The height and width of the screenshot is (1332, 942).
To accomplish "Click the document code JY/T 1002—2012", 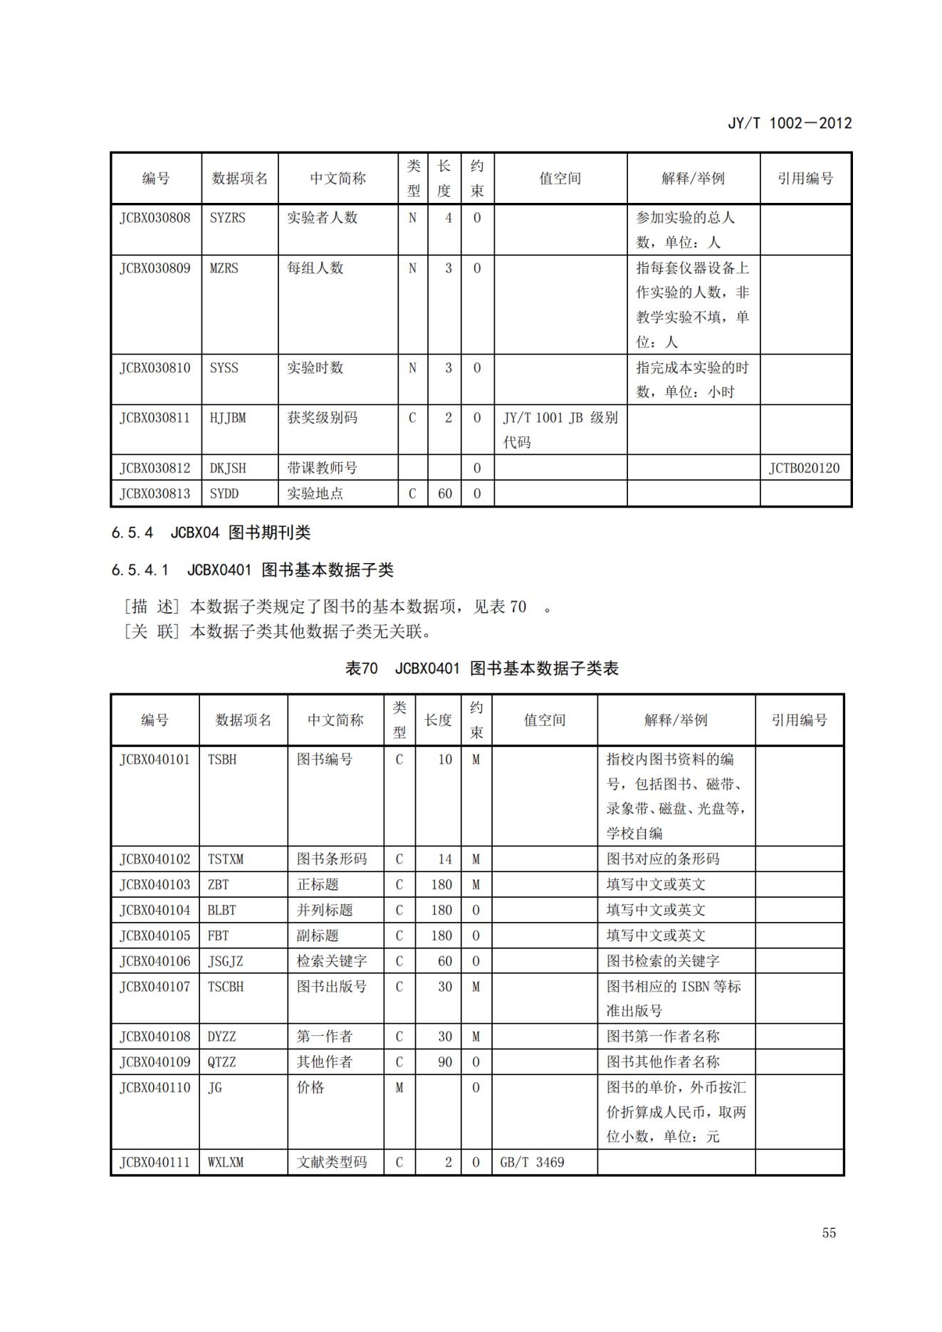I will (789, 122).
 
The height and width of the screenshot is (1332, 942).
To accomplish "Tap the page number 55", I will (829, 1232).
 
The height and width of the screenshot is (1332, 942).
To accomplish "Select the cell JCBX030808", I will (155, 218).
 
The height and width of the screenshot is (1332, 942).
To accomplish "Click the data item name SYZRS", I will (227, 218).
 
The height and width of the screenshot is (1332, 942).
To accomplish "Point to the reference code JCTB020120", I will (804, 468).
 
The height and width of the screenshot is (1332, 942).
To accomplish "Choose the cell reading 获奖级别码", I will (322, 418).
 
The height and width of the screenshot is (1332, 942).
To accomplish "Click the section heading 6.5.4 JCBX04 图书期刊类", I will (211, 533).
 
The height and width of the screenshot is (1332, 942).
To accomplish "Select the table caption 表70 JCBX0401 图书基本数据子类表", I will (481, 668).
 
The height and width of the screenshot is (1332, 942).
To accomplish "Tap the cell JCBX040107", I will (155, 987).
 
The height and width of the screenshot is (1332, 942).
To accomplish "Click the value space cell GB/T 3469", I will (532, 1162).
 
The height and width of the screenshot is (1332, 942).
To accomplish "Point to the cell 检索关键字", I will (331, 961).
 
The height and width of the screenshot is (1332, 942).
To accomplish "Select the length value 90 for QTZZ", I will (444, 1061).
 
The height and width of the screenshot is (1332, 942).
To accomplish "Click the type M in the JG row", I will (399, 1087).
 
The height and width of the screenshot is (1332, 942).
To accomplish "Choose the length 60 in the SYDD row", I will (444, 493).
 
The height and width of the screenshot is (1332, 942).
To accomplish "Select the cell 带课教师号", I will (322, 468).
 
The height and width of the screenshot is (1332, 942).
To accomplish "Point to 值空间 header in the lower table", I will (544, 720).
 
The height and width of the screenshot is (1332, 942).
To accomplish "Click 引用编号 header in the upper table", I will (805, 178).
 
